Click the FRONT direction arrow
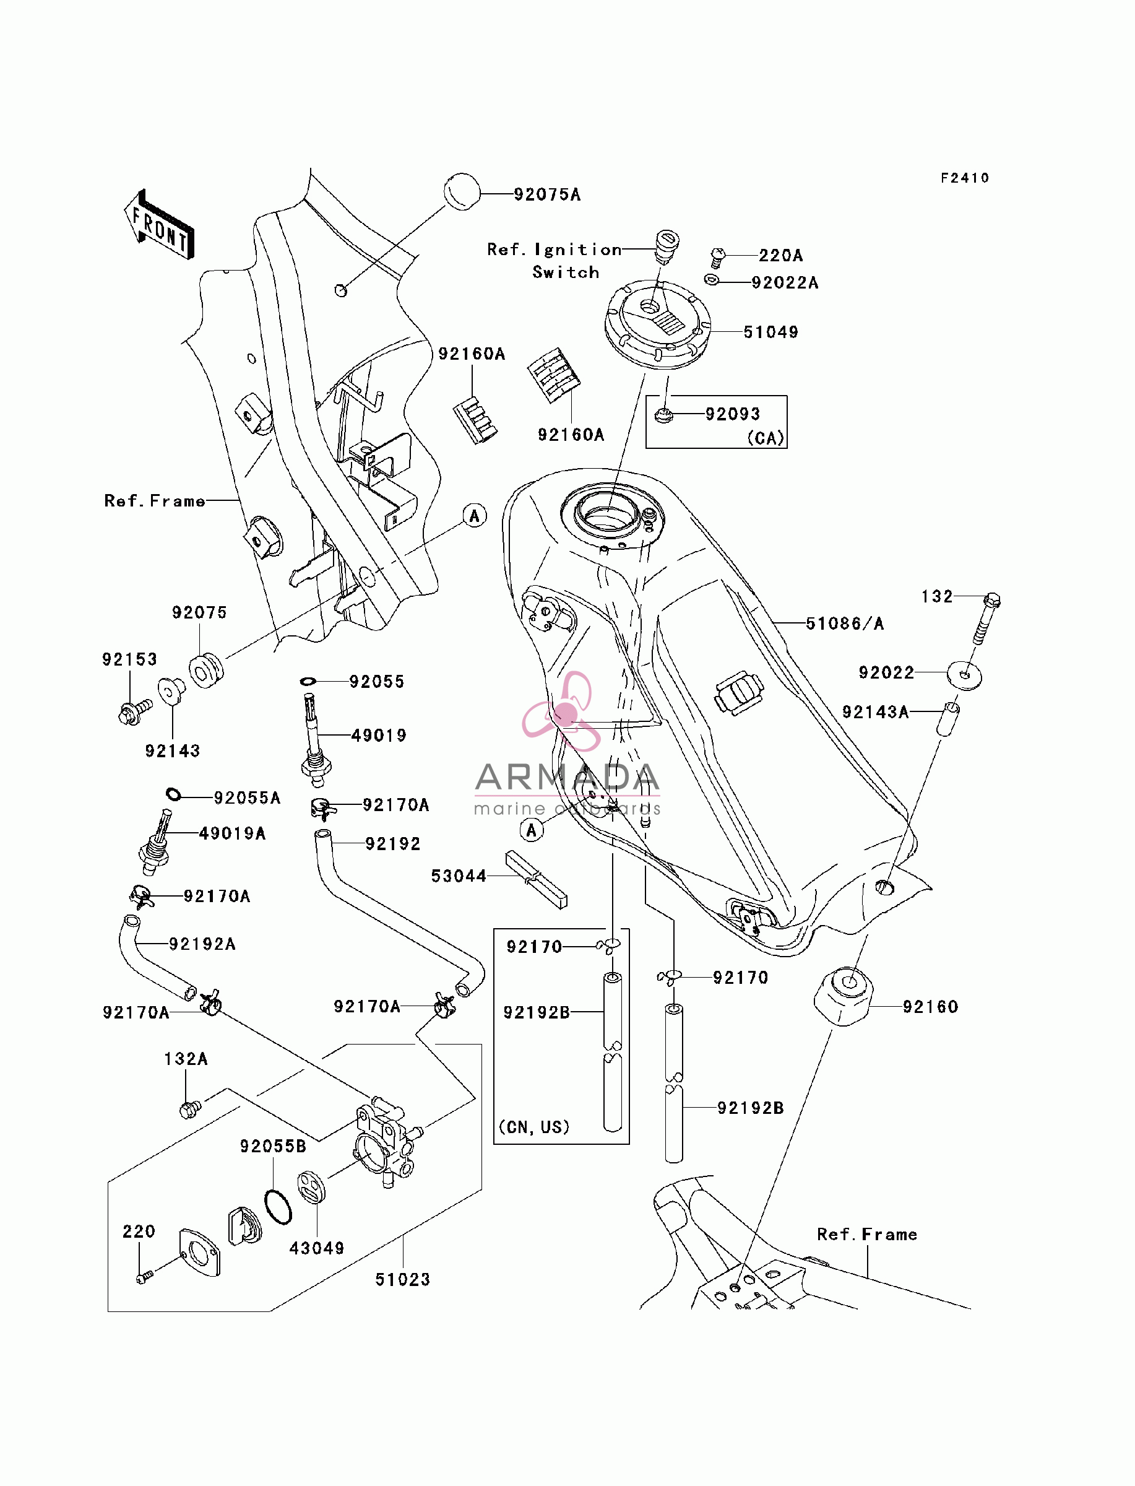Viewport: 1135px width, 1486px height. pyautogui.click(x=160, y=225)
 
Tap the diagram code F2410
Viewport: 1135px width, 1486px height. pyautogui.click(x=965, y=178)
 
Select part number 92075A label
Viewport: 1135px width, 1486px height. pyautogui.click(x=547, y=194)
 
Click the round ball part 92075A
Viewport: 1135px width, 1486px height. pyautogui.click(x=462, y=192)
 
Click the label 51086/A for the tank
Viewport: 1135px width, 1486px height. pyautogui.click(x=845, y=623)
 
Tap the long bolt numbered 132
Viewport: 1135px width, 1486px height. pyautogui.click(x=986, y=618)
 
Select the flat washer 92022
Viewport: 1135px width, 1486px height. pyautogui.click(x=964, y=676)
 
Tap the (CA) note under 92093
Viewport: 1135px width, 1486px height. pyautogui.click(x=766, y=438)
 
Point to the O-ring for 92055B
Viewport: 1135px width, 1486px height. pyautogui.click(x=278, y=1207)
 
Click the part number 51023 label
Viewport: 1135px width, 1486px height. pyautogui.click(x=403, y=1279)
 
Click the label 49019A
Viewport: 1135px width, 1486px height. pyautogui.click(x=233, y=833)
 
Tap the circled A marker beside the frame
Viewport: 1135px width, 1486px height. pyautogui.click(x=475, y=516)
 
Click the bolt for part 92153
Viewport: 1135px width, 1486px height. pyautogui.click(x=135, y=711)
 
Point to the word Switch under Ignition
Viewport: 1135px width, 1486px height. pyautogui.click(x=566, y=272)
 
